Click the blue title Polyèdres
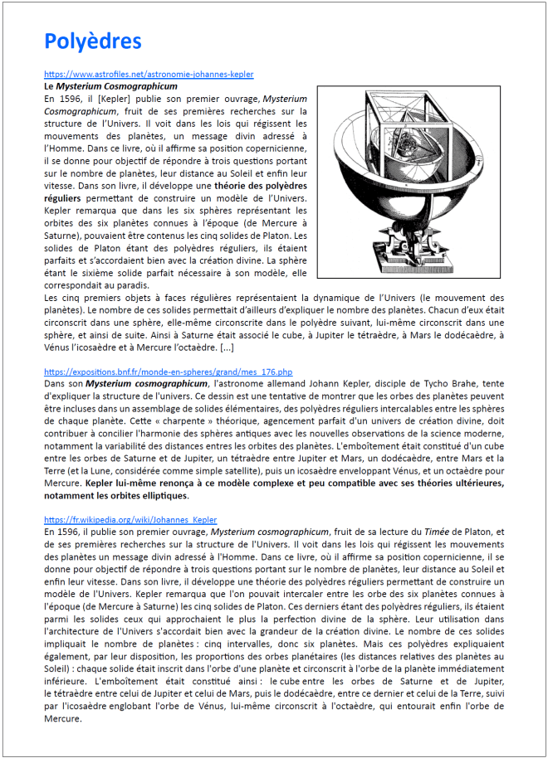coord(92,41)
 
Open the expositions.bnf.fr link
coord(168,372)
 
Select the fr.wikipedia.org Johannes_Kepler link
coord(130,519)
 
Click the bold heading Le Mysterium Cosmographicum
coord(110,86)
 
